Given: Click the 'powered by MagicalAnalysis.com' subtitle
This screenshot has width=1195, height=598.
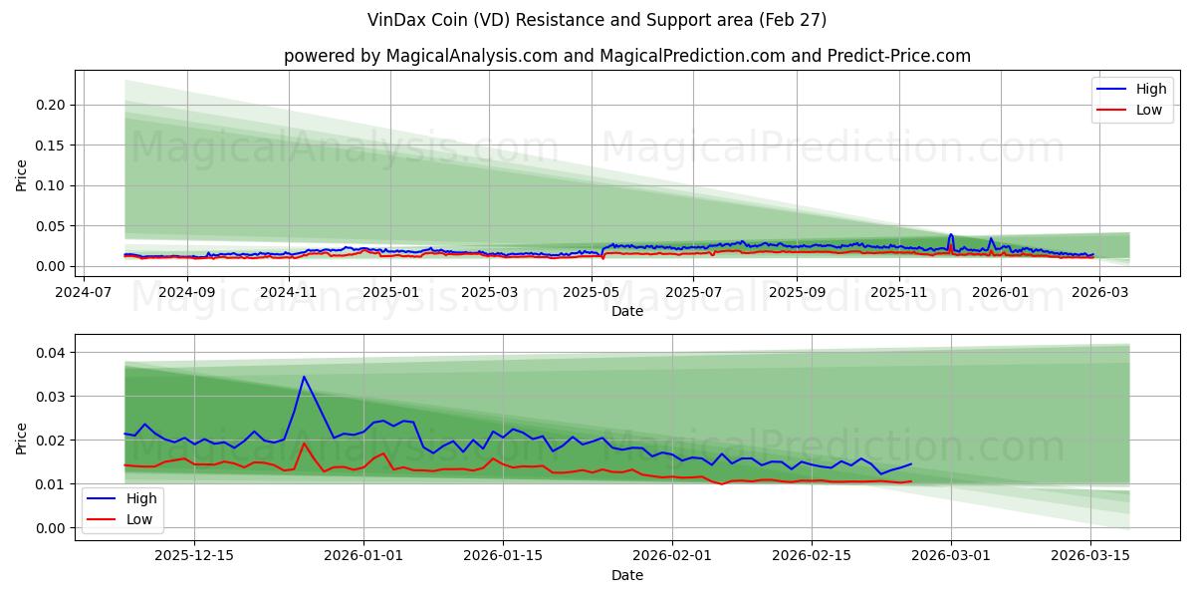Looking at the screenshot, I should point(626,56).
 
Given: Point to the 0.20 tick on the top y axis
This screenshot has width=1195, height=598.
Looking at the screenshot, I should point(52,105).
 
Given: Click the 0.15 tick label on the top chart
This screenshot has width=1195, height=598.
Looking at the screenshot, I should point(52,146).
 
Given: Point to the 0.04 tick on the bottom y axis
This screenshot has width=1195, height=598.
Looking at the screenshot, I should point(52,353).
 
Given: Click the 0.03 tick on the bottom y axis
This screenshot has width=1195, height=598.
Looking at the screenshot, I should point(52,397).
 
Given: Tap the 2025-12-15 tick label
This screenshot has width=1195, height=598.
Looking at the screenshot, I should point(194,555).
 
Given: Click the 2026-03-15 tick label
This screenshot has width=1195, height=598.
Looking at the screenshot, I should point(1090,555).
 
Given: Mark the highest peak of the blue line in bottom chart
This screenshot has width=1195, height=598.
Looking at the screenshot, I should point(304,377).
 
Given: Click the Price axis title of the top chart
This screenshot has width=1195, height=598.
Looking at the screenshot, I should point(22,174).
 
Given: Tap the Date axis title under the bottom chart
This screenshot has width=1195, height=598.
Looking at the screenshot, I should point(626,575).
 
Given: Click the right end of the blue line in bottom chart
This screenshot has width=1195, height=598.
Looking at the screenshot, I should point(911,463).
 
